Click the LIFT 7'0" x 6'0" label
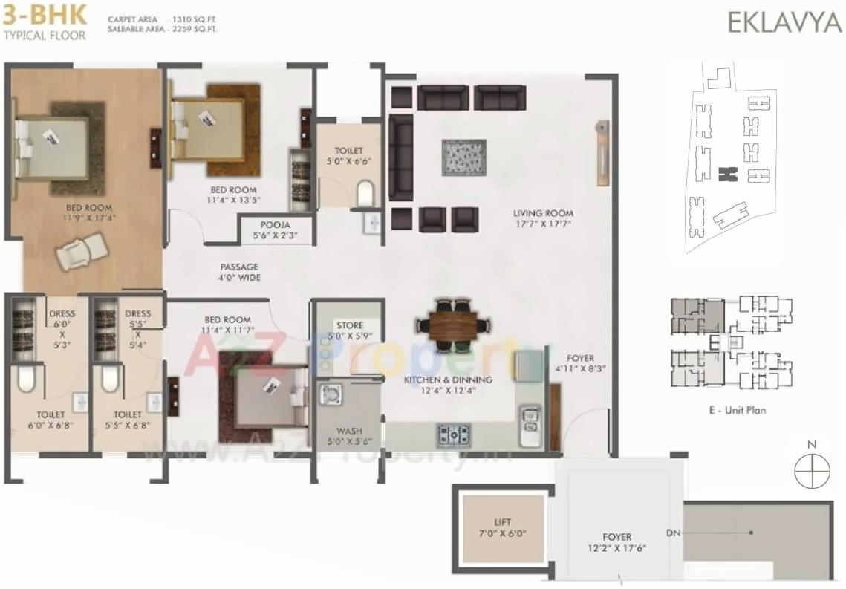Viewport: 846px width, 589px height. coord(503,528)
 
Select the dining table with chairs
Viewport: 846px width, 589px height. coord(452,324)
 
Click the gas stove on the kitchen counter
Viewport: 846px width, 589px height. coord(450,434)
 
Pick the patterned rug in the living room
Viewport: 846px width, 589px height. coord(463,157)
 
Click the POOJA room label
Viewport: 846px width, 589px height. coord(275,230)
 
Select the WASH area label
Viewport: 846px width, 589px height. coord(348,435)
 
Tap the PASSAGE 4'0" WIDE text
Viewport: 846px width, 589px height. coord(239,272)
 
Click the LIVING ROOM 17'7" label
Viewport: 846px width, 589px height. coord(543,218)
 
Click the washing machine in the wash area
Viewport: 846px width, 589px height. coord(331,394)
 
